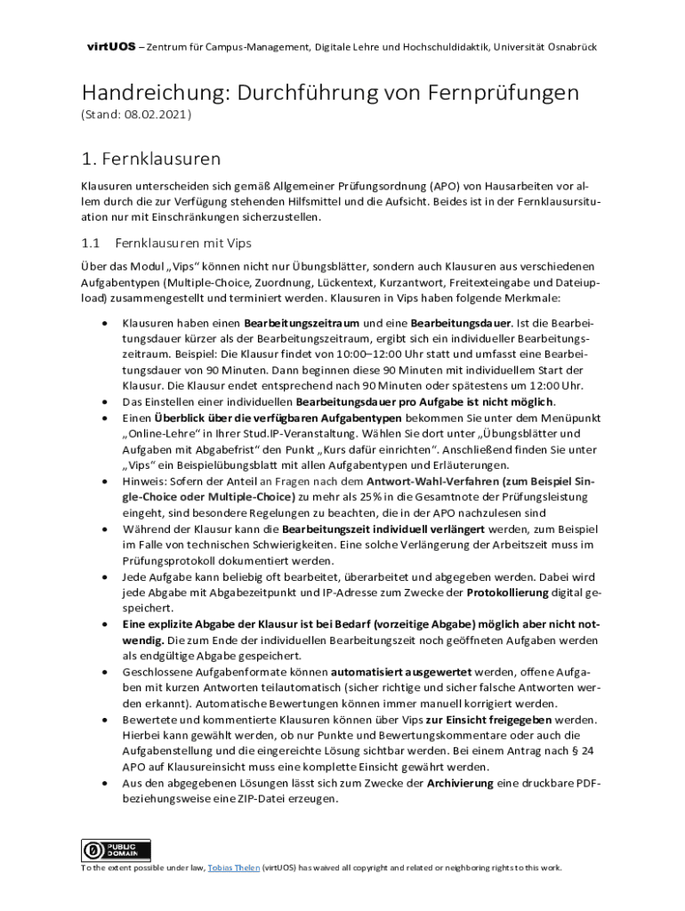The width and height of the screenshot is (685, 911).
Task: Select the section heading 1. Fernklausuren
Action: tap(150, 159)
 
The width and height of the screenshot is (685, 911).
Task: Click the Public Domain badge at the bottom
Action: tap(117, 850)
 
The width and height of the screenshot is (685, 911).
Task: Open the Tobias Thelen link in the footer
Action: tap(233, 868)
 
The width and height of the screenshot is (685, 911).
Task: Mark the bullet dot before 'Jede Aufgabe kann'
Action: tap(107, 577)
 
